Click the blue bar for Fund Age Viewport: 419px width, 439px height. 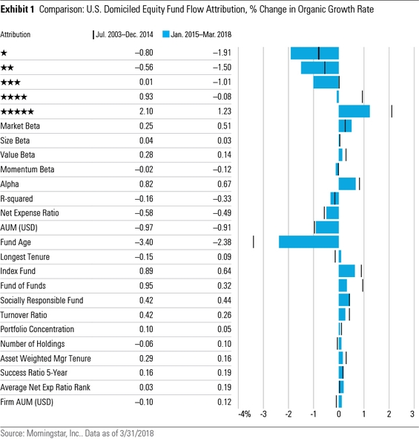[x=309, y=242]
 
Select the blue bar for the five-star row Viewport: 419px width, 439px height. [x=354, y=111]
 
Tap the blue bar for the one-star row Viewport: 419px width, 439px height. [x=314, y=53]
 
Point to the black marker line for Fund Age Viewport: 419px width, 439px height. [x=254, y=242]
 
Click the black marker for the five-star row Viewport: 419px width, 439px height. [x=392, y=111]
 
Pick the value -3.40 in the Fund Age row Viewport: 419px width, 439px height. [x=144, y=242]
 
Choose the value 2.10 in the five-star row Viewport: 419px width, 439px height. [x=146, y=111]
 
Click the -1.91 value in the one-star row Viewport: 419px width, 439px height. [x=222, y=53]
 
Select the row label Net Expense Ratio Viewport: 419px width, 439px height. [x=30, y=213]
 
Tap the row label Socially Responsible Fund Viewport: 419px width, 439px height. [x=42, y=300]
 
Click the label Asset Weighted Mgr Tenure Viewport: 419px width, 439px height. [x=45, y=359]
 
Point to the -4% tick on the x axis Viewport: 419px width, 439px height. [x=245, y=414]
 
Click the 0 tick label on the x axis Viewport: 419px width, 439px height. [x=339, y=414]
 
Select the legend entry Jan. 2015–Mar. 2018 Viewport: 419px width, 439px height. [x=197, y=34]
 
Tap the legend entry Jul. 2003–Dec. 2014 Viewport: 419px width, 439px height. [x=123, y=34]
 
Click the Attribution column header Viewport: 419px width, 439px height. [x=16, y=34]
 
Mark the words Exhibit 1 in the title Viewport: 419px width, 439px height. [x=17, y=10]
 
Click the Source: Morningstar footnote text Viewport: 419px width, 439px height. [x=77, y=433]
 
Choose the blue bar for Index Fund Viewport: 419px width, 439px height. [x=347, y=271]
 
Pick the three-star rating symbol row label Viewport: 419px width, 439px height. [x=10, y=82]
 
